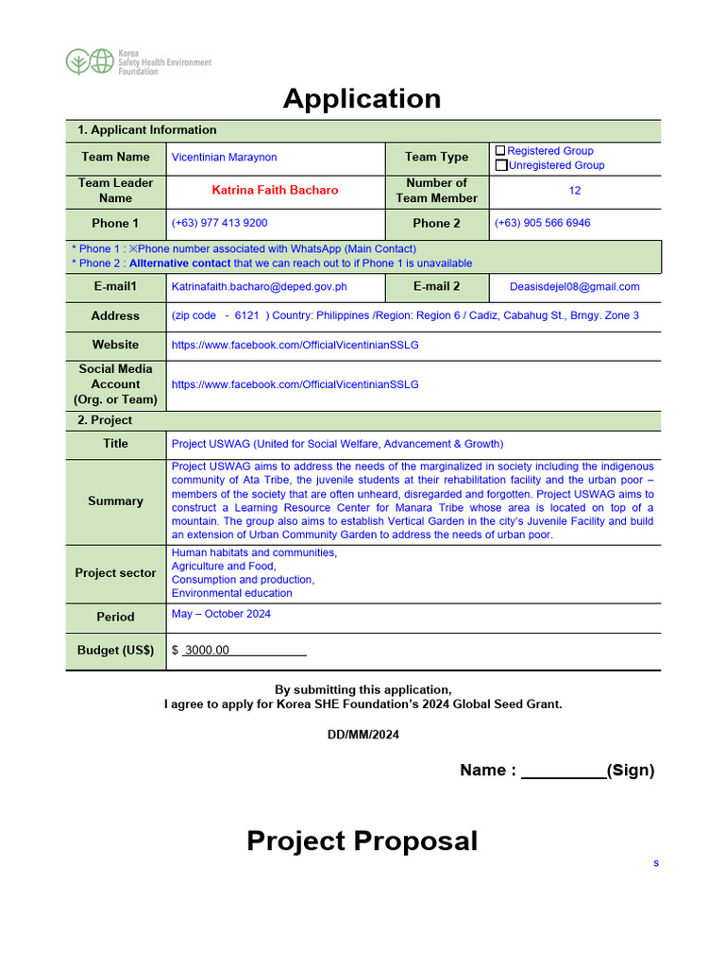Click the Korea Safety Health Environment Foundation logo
point(138,62)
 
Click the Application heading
point(362,98)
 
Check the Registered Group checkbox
point(500,151)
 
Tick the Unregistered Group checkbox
point(500,165)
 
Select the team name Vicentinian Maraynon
point(224,158)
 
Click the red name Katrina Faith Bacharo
point(275,191)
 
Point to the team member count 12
point(574,191)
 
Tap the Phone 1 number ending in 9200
point(219,224)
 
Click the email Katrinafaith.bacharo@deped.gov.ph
point(259,287)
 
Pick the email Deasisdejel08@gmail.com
point(574,287)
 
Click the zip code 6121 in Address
point(246,316)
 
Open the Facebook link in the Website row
point(295,346)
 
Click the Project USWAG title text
point(337,444)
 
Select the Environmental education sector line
point(231,594)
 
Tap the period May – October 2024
point(221,614)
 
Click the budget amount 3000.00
point(207,651)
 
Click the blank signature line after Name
point(563,772)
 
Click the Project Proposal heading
point(362,840)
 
